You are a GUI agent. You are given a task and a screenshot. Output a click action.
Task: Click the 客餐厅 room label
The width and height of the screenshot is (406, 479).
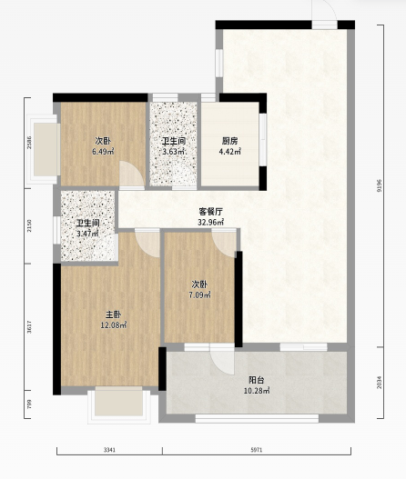point(211,212)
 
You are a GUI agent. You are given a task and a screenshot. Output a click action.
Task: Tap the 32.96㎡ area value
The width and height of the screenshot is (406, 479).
point(211,222)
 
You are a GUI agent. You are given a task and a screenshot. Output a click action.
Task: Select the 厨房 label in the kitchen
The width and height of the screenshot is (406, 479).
point(229,141)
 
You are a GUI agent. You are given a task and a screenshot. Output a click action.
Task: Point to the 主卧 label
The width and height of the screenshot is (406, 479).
point(113,314)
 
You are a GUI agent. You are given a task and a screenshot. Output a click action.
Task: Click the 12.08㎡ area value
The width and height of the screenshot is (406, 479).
point(114,325)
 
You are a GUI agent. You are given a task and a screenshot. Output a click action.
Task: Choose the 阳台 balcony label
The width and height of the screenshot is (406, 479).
point(257,380)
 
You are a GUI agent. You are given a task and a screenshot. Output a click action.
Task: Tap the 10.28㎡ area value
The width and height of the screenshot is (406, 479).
point(257,391)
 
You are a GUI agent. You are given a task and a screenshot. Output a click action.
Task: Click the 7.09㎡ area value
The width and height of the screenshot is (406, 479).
point(199,295)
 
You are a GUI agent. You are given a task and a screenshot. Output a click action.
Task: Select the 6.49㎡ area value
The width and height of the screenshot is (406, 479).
point(103,151)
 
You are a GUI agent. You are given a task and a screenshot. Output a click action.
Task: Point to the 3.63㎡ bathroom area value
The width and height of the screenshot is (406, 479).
point(174,151)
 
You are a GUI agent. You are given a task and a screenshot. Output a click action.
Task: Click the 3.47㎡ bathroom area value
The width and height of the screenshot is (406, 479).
point(87,234)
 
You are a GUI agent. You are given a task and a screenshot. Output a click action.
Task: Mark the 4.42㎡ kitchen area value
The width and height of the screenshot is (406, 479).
point(229,151)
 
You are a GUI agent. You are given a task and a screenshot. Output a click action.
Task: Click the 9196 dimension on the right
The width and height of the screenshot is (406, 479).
point(380,185)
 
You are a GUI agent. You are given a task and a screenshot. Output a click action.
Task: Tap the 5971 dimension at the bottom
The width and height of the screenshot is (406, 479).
point(257,450)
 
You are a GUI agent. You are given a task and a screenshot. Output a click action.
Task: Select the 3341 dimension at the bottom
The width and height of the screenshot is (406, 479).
point(109,450)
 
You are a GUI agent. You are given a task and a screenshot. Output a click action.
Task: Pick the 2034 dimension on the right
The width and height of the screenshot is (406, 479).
point(380,382)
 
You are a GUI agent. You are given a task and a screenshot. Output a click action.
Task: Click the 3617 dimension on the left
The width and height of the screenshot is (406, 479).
point(29,326)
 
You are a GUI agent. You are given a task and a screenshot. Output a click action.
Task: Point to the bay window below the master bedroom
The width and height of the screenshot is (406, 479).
point(119,405)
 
